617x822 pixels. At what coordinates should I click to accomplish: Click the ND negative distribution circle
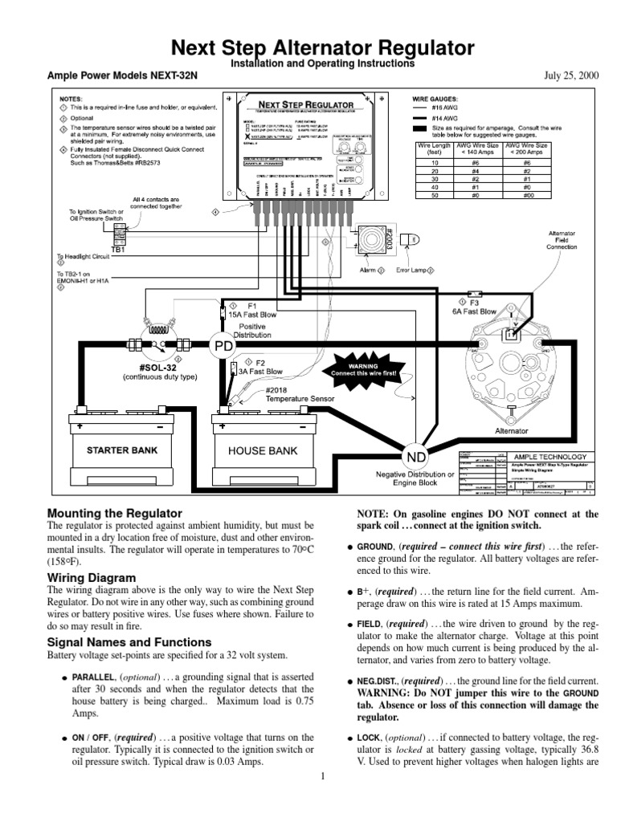click(416, 457)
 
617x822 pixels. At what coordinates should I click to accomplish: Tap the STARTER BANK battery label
click(122, 450)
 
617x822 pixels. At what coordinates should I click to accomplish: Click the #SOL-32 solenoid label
click(145, 364)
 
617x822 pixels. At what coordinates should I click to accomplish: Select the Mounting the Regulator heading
click(115, 513)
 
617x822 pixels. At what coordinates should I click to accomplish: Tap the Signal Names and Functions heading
click(129, 642)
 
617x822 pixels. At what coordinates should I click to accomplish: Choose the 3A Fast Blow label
click(264, 372)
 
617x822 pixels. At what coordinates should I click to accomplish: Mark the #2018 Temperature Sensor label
click(292, 393)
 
